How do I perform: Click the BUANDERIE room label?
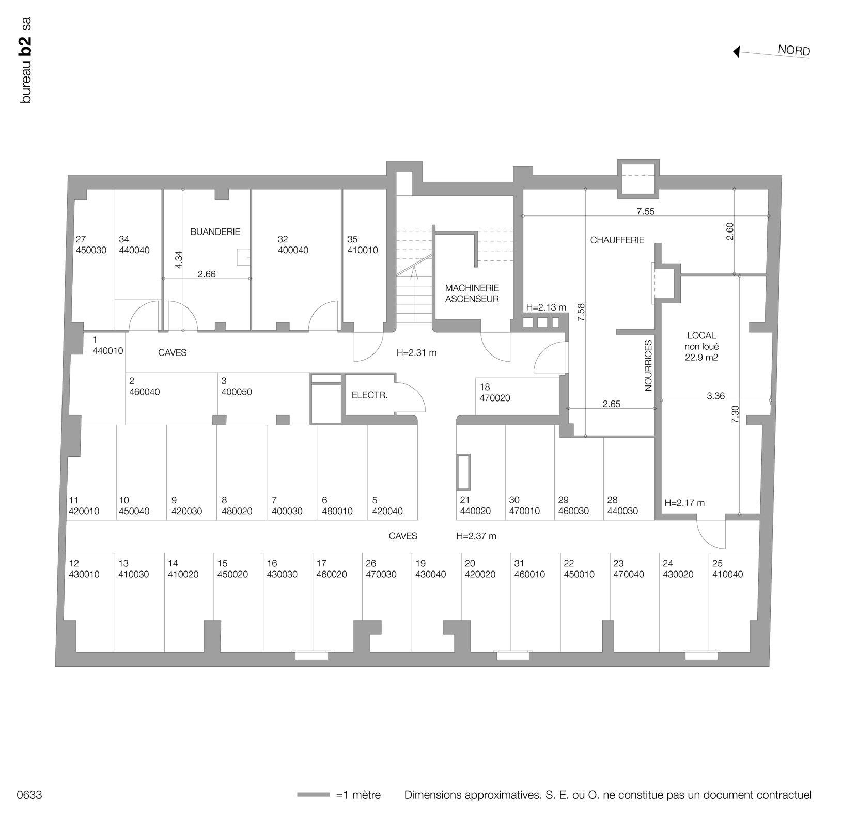pos(215,232)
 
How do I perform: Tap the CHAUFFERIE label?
pos(617,240)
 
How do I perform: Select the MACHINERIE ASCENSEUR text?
pos(472,294)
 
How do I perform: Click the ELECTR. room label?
pos(369,395)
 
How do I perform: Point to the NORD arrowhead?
pos(737,52)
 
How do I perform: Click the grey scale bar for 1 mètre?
pos(313,795)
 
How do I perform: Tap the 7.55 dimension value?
pos(645,211)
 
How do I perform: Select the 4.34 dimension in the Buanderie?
pos(179,259)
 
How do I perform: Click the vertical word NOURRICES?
pos(649,365)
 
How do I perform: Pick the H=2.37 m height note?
pos(476,536)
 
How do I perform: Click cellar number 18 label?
pos(485,387)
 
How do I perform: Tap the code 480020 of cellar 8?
pos(237,512)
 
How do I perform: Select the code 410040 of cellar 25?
pos(727,574)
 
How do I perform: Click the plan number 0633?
pos(29,795)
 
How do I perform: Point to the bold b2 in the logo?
pos(26,47)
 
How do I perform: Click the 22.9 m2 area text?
pos(701,357)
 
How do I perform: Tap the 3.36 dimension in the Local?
pos(716,396)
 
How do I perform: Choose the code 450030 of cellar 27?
pos(91,250)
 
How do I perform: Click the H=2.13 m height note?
pos(546,307)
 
